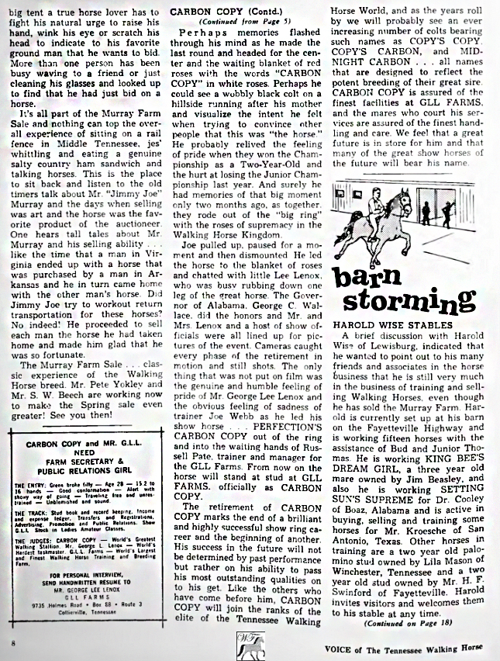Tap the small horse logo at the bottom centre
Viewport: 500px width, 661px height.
point(249,643)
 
